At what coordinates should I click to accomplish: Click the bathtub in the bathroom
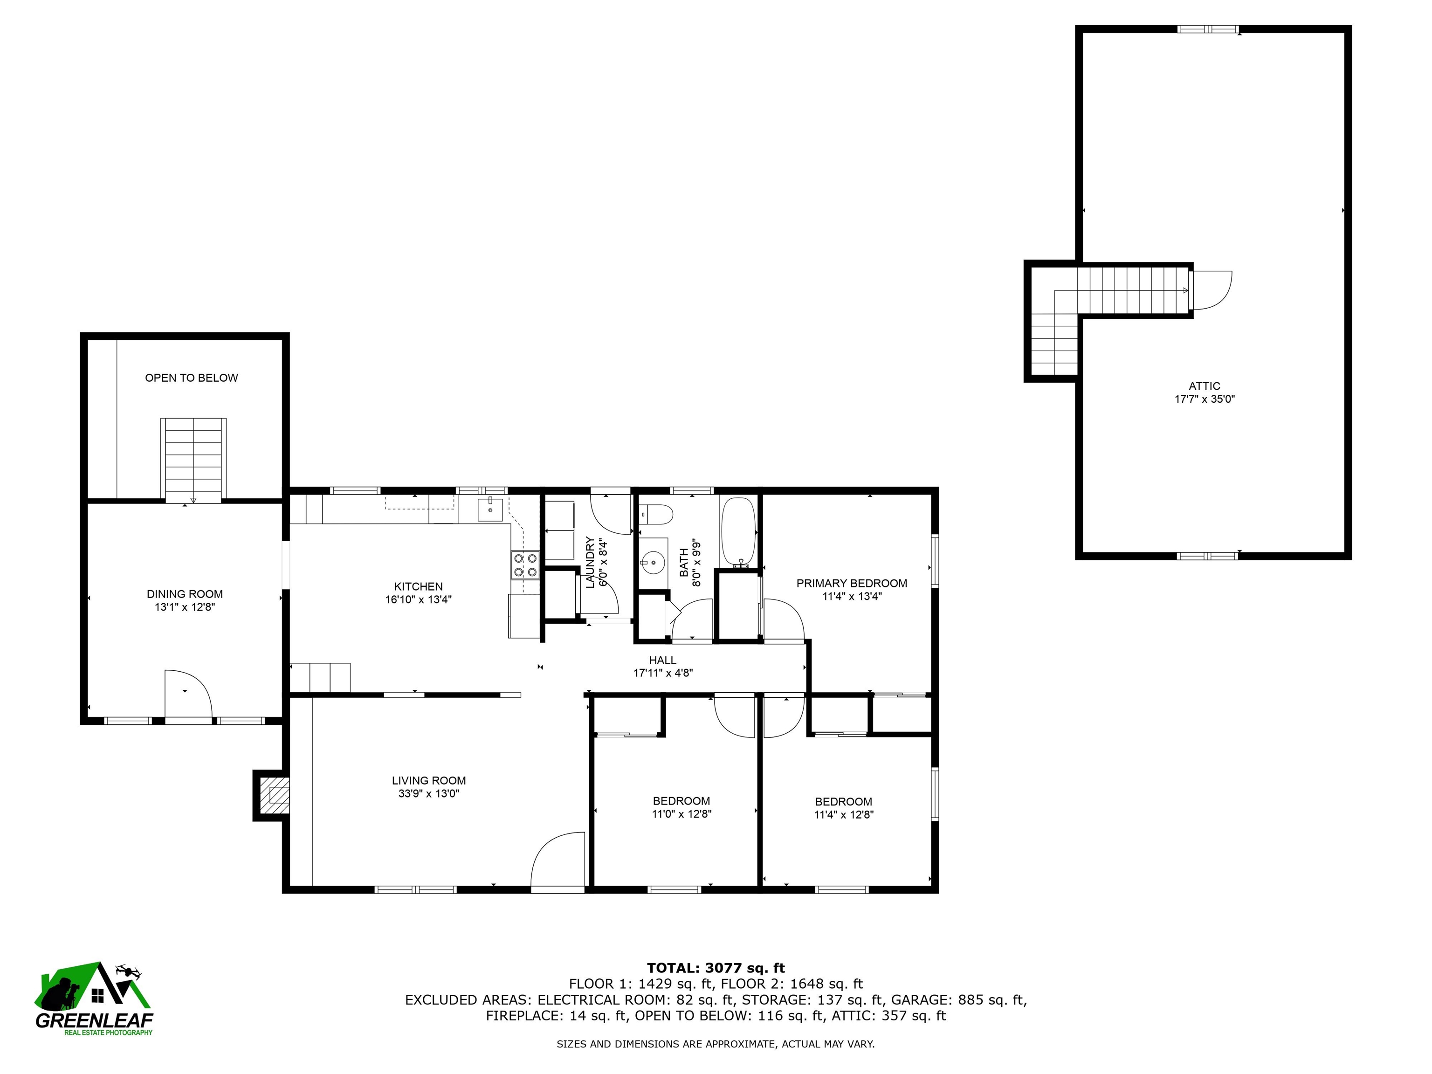[739, 532]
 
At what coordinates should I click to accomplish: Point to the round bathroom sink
[654, 563]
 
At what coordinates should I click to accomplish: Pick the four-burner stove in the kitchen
[525, 565]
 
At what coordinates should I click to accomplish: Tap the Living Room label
[428, 781]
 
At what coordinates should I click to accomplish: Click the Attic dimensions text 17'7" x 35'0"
[1205, 399]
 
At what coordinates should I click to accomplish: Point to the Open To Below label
[192, 378]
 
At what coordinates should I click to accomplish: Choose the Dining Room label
[185, 594]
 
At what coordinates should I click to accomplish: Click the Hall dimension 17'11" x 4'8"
[663, 673]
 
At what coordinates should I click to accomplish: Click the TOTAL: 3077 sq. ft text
[716, 968]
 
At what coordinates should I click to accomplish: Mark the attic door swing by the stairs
[1212, 290]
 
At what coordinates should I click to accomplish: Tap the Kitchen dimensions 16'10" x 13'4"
[418, 599]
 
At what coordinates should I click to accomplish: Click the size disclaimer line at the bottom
[716, 1044]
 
